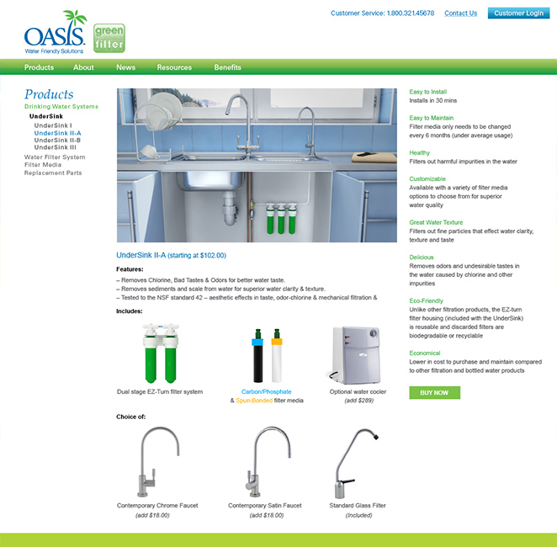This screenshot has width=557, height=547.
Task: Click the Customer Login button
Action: (x=518, y=13)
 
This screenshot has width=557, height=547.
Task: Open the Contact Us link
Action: (x=461, y=13)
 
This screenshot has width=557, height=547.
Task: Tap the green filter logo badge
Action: (x=109, y=38)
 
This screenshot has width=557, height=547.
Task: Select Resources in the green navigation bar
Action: (x=174, y=67)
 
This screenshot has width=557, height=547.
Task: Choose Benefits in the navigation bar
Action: (x=227, y=67)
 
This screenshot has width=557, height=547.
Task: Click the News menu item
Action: (x=125, y=67)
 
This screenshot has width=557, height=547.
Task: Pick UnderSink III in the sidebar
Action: (x=55, y=147)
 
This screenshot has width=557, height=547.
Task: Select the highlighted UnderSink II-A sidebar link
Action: (x=57, y=133)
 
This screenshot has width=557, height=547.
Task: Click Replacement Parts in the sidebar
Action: (x=53, y=173)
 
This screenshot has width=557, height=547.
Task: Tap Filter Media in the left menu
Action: (x=43, y=164)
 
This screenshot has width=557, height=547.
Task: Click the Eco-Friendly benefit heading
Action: (x=426, y=300)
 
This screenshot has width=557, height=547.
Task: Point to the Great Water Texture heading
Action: (x=436, y=222)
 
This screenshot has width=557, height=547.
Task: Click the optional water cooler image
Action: (x=354, y=355)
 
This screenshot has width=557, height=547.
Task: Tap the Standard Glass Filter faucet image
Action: (x=356, y=463)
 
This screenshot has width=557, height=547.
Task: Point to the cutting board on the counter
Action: (x=374, y=157)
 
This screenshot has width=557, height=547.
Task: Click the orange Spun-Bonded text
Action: (x=254, y=401)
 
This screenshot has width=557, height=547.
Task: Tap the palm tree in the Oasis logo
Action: (x=76, y=18)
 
